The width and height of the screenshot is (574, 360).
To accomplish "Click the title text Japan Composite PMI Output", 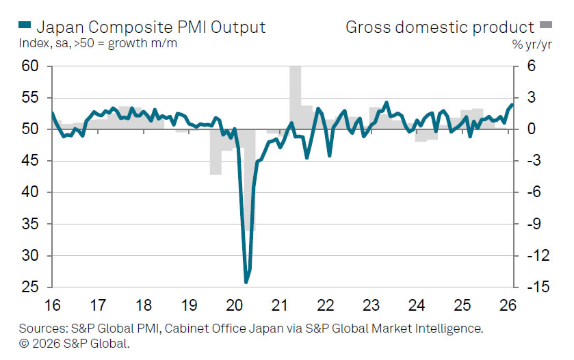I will (x=151, y=27).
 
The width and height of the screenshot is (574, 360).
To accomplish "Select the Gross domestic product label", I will (x=439, y=27).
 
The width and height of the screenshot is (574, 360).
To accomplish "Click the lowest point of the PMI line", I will (x=246, y=281).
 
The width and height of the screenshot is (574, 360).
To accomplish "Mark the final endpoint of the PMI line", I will (x=512, y=105).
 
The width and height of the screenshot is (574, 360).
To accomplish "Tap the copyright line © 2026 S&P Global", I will (x=75, y=343).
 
